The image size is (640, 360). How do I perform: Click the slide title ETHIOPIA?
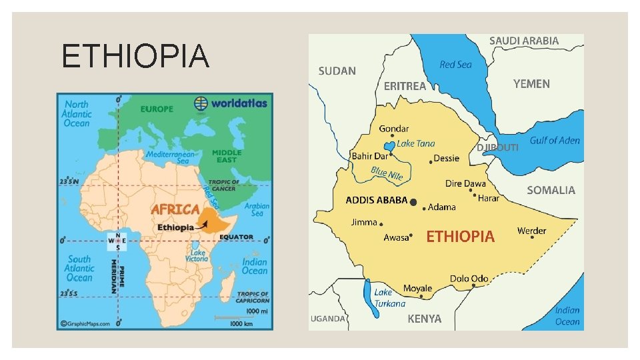pos(135,55)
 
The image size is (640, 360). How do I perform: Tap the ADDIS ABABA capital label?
pos(376,200)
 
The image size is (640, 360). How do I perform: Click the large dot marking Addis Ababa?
pos(414,201)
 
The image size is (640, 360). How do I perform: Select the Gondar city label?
pos(394,129)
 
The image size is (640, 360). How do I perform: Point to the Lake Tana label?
pos(416,143)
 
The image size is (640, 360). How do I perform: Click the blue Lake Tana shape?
pos(387,146)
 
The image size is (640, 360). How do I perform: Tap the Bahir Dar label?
pos(369,156)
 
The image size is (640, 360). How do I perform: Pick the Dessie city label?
pos(447,158)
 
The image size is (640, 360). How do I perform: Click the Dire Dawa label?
pos(465,183)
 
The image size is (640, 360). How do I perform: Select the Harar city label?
pos(489,198)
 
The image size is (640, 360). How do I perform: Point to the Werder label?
pos(531,231)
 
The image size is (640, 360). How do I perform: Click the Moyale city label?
pos(417,289)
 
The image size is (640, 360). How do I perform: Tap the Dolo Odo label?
pos(469,278)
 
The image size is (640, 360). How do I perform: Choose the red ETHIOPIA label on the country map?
pos(460,237)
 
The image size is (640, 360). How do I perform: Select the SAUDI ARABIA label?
pos(524,41)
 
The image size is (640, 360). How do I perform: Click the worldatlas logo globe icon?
pos(201,103)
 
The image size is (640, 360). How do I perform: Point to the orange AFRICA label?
pos(175,209)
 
